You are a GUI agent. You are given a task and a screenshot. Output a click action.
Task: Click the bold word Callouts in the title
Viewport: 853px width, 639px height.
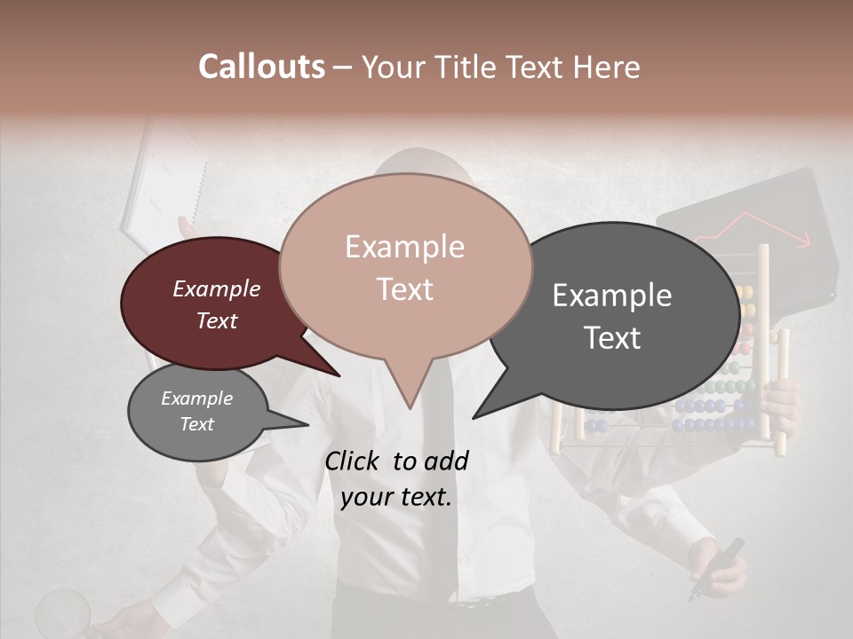point(261,67)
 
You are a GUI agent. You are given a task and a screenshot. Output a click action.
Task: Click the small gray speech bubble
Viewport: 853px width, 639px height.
point(197,413)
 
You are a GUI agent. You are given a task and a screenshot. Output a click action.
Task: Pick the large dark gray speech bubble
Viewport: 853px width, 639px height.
point(613,315)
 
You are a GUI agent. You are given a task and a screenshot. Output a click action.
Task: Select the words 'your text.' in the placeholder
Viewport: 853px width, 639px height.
point(396,497)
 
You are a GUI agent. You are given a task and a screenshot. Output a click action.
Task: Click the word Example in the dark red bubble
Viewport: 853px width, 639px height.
point(217,289)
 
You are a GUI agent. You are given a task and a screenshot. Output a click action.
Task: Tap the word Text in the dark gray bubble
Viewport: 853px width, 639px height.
point(613,338)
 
